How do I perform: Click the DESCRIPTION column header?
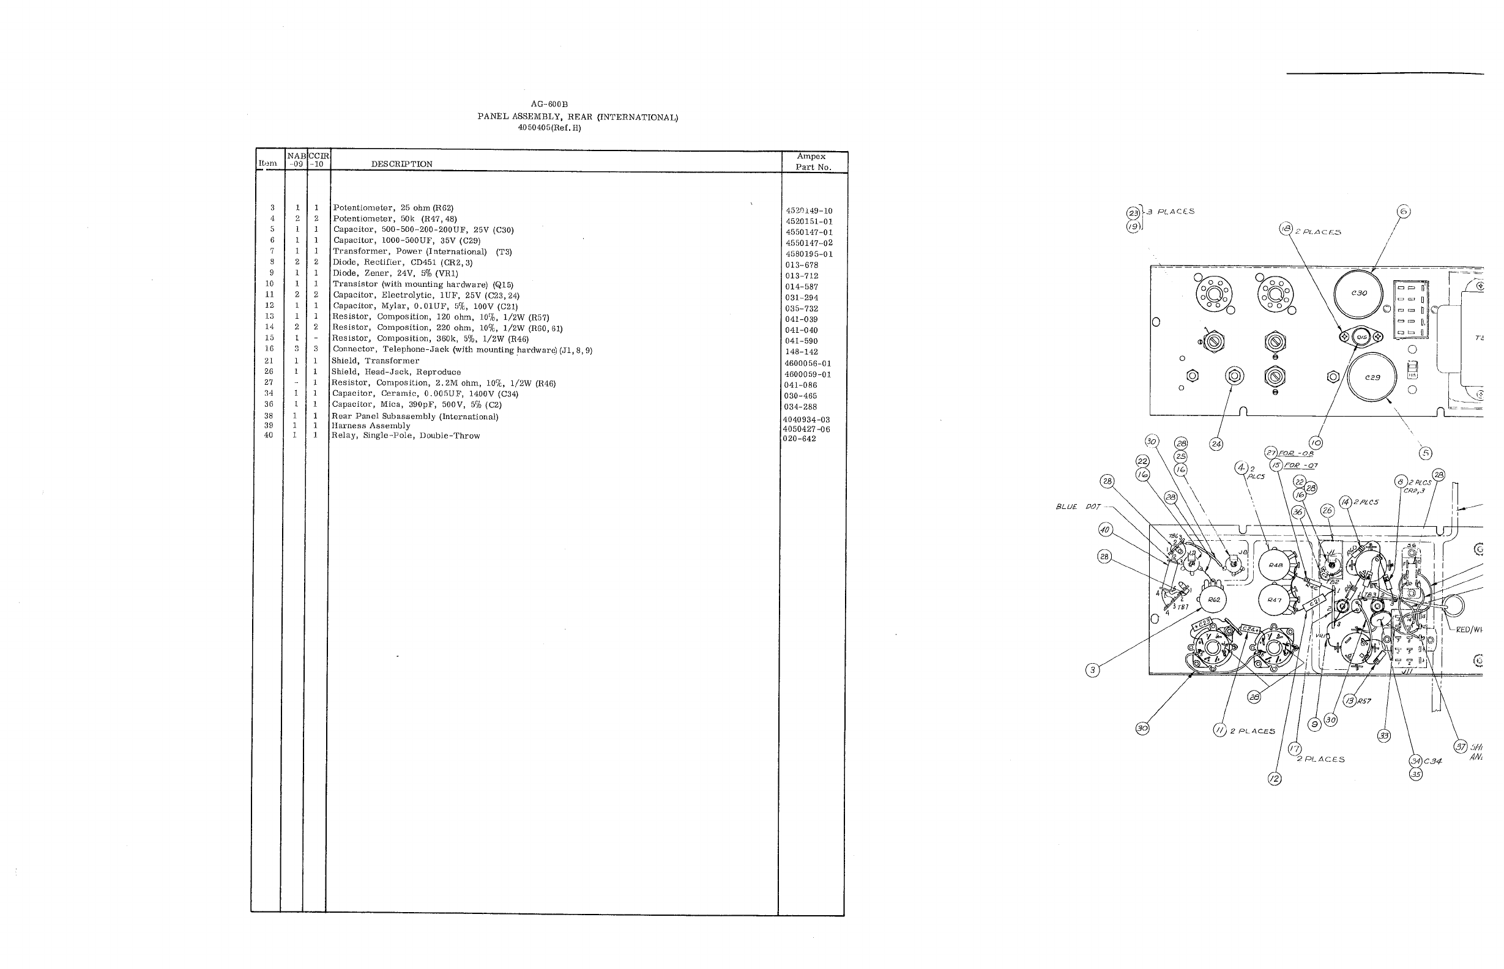(401, 164)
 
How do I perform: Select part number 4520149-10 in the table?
(809, 211)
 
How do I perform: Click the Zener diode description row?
(395, 273)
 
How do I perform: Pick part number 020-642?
(799, 439)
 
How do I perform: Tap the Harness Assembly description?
(371, 426)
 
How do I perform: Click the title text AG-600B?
(549, 105)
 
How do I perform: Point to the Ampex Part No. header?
(813, 161)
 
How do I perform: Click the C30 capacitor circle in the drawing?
(1358, 293)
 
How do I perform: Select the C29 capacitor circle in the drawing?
(1372, 377)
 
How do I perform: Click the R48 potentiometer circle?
(1275, 565)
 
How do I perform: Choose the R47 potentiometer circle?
(1275, 600)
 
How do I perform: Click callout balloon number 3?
(1092, 670)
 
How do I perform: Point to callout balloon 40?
(1105, 530)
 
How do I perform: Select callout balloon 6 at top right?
(1403, 212)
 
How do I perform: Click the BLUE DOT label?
(1076, 507)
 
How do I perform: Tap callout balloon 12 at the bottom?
(1275, 779)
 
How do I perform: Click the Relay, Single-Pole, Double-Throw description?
(405, 436)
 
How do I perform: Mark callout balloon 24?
(1216, 444)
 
